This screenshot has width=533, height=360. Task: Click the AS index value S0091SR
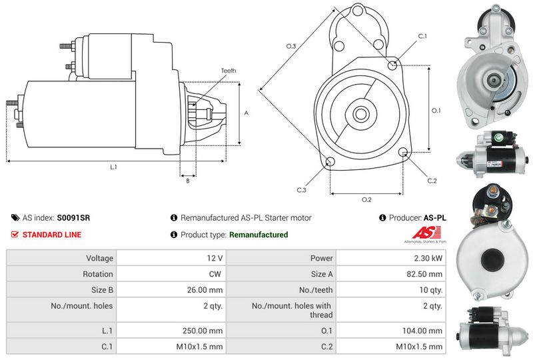click(73, 218)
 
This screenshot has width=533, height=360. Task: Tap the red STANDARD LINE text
click(52, 235)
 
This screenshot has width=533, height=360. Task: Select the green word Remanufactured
click(259, 235)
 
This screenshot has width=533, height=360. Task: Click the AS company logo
click(426, 235)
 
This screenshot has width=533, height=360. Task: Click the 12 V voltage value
click(215, 258)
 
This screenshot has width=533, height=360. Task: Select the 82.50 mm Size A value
click(424, 274)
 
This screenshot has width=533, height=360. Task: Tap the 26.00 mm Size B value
click(205, 290)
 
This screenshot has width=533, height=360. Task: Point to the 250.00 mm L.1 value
click(203, 331)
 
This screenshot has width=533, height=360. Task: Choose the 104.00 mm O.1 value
click(422, 331)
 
